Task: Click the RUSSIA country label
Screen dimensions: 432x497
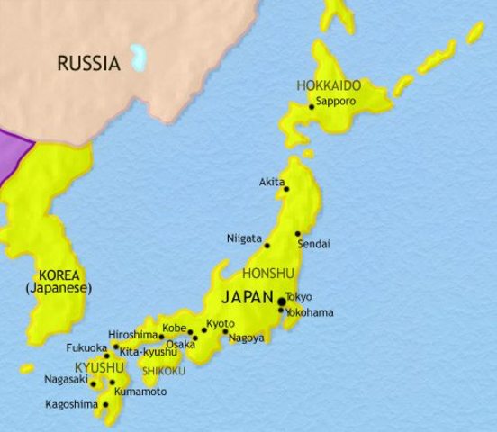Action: [x=87, y=63]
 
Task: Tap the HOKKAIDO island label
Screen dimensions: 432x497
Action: [x=329, y=85]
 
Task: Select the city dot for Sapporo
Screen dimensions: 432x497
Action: [x=312, y=107]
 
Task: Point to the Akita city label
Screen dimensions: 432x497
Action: [x=270, y=182]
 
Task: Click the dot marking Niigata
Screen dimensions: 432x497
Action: [x=267, y=245]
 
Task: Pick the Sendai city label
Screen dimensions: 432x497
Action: [x=312, y=244]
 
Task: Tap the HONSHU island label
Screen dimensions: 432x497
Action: [x=267, y=273]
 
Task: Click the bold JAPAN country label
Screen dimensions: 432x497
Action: [x=247, y=294]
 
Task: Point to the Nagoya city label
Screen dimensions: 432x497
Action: [x=246, y=338]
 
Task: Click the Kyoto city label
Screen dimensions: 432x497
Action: [x=220, y=324]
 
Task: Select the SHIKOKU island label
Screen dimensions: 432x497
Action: [x=163, y=371]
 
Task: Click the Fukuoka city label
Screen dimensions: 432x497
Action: [x=86, y=347]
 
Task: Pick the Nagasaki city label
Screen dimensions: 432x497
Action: [x=66, y=379]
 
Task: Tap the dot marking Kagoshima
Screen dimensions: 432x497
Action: [x=105, y=405]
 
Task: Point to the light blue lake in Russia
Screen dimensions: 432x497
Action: [x=137, y=58]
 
